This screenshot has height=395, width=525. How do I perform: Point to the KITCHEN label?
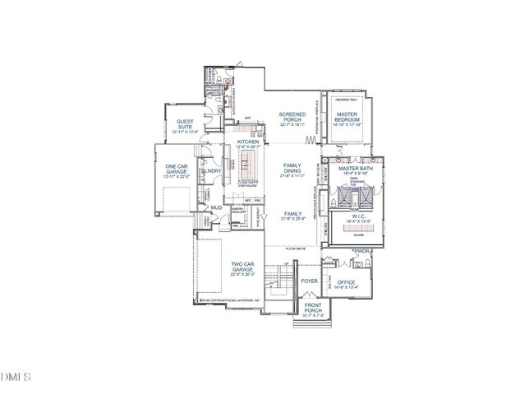[248, 142]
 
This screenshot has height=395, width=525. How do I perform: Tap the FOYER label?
[309, 281]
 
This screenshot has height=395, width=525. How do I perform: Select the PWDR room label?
[362, 251]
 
